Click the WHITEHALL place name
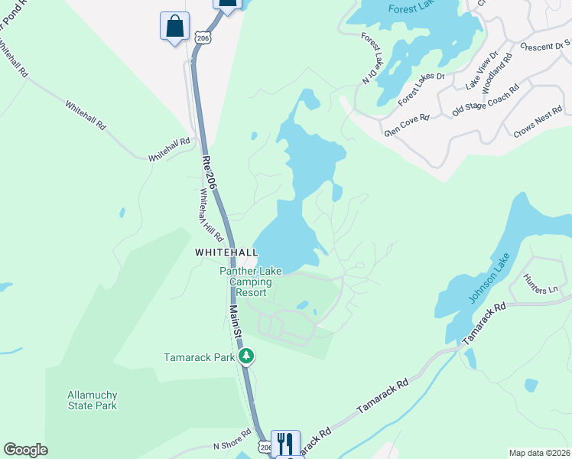(222, 252)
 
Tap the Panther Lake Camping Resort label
(251, 282)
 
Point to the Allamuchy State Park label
(92, 400)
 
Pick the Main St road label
(237, 322)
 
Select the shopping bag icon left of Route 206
(174, 26)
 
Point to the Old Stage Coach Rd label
(486, 99)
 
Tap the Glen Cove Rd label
(408, 125)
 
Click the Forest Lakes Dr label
(421, 86)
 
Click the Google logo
(26, 450)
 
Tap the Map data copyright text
(538, 453)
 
